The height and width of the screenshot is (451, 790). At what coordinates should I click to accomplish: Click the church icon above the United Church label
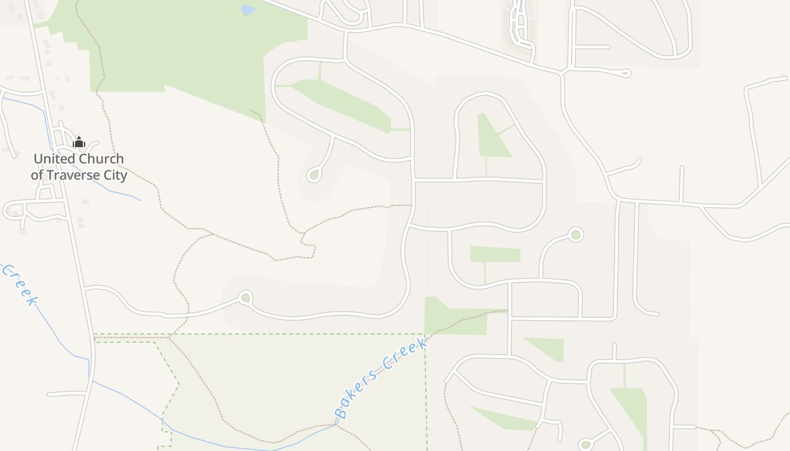78,142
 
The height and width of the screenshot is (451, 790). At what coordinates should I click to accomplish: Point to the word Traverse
74,175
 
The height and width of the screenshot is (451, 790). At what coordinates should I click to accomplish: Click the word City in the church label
115,175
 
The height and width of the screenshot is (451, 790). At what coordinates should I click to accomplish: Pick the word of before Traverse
37,175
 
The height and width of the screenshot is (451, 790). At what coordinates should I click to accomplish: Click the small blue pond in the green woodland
248,10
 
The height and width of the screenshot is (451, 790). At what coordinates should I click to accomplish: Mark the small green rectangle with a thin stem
495,255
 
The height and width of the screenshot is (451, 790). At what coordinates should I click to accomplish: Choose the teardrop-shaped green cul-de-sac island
314,175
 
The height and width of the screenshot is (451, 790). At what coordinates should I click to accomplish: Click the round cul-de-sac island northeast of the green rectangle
576,234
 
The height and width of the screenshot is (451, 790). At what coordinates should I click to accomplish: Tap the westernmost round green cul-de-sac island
245,298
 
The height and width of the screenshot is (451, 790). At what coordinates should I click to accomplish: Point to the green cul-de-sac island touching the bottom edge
586,445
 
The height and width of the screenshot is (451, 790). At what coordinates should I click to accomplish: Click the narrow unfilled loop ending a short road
624,73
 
